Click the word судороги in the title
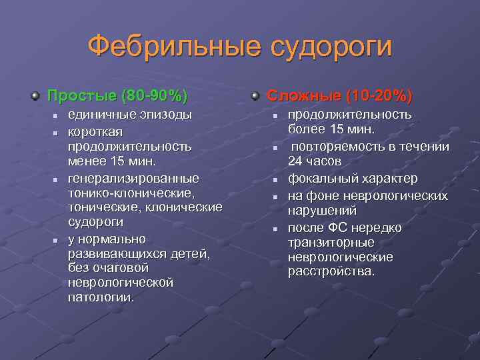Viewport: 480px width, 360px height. [x=331, y=48]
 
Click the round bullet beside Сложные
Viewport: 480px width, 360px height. [x=255, y=96]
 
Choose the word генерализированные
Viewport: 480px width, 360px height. [x=134, y=179]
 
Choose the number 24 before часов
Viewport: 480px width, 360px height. [x=295, y=162]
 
